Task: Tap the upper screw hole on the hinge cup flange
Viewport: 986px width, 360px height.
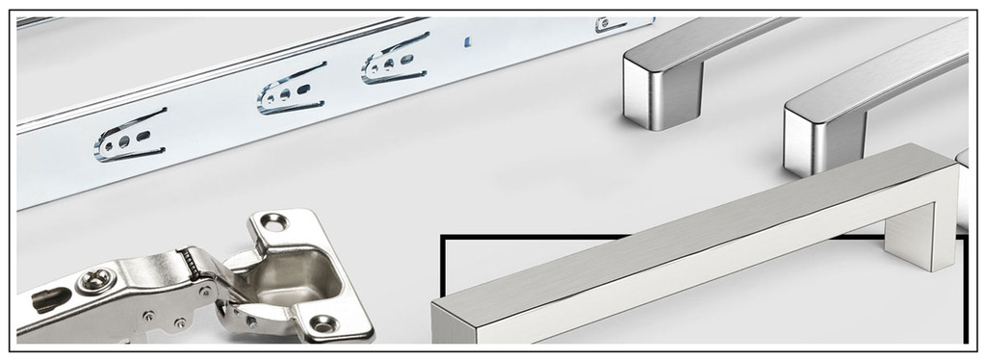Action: pos(273,222)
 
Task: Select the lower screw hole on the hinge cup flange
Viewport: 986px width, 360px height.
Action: pos(322,323)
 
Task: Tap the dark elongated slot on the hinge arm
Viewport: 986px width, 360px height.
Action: pos(51,299)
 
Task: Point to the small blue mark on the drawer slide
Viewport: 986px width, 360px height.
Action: pos(468,41)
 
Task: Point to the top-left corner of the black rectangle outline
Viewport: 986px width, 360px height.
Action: pos(444,237)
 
